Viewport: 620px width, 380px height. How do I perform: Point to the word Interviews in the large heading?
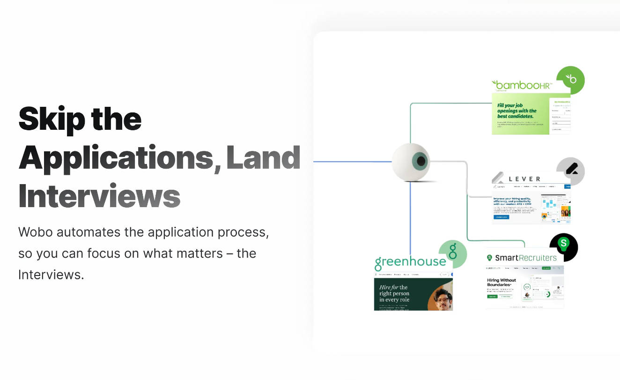[x=99, y=197]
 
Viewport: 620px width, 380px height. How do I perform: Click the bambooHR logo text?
[x=522, y=86]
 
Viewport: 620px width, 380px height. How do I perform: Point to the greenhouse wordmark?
[x=410, y=261]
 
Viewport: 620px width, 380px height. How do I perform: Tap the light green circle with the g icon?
[x=452, y=253]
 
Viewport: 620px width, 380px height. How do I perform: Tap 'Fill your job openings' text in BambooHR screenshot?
[x=517, y=111]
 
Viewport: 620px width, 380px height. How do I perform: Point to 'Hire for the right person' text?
[x=394, y=293]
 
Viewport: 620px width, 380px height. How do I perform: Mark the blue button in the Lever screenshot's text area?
[x=501, y=217]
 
